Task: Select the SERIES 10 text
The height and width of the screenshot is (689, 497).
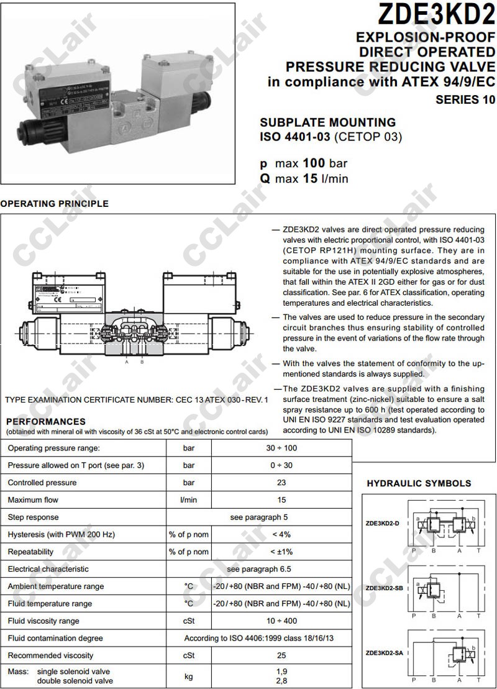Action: tap(465, 99)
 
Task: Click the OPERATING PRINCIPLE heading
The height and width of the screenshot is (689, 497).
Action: tap(54, 204)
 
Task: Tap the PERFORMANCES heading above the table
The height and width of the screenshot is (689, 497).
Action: tap(46, 422)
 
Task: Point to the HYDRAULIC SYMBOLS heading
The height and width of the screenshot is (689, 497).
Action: tap(419, 483)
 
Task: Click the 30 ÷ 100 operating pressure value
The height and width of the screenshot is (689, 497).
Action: tap(281, 448)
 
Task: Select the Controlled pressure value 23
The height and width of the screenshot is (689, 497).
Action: tap(281, 482)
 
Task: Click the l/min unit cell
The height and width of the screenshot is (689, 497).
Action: tap(189, 500)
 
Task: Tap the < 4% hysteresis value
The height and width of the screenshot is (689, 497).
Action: tap(281, 534)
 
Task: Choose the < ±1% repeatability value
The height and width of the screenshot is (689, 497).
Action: tap(281, 552)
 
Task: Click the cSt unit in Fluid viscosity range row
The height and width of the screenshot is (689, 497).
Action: tap(189, 621)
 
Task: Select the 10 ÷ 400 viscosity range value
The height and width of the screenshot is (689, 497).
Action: tap(281, 621)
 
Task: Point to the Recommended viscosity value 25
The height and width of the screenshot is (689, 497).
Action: tap(281, 655)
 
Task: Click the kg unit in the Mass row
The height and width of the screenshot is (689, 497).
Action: tap(189, 676)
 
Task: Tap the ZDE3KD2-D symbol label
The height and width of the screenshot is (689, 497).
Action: tap(382, 523)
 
